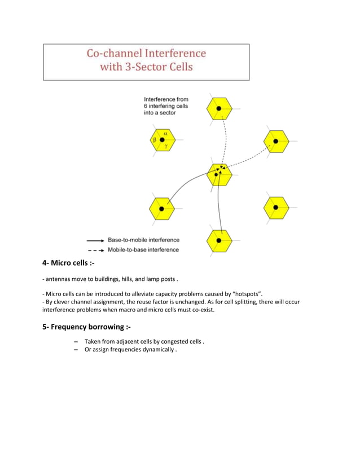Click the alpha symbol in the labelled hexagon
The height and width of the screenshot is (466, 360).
tap(165, 133)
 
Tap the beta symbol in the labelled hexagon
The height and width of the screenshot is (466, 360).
tap(153, 139)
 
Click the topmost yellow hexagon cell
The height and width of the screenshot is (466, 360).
tap(218, 108)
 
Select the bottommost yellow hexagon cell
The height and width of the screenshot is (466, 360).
tap(218, 241)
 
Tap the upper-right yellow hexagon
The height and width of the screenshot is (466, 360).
tap(276, 141)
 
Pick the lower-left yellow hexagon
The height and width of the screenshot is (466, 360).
tap(161, 209)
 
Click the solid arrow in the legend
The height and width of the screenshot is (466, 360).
tap(95, 240)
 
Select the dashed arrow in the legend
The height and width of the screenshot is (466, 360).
tap(95, 249)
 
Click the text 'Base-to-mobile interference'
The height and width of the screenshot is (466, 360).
tap(143, 240)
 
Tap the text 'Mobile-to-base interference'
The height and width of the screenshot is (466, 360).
tap(143, 249)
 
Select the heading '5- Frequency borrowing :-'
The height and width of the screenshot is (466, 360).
tap(87, 328)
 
